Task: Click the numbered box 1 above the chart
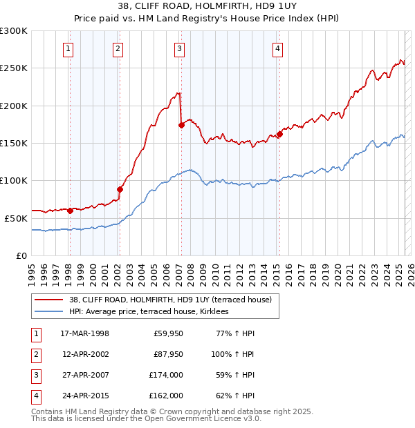pos(69,48)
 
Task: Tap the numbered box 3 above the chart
pos(179,48)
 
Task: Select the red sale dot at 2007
pos(181,125)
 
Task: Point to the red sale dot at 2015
pos(279,134)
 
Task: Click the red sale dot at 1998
pos(70,211)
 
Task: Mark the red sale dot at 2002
pos(120,189)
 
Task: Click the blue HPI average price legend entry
pos(153,312)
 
